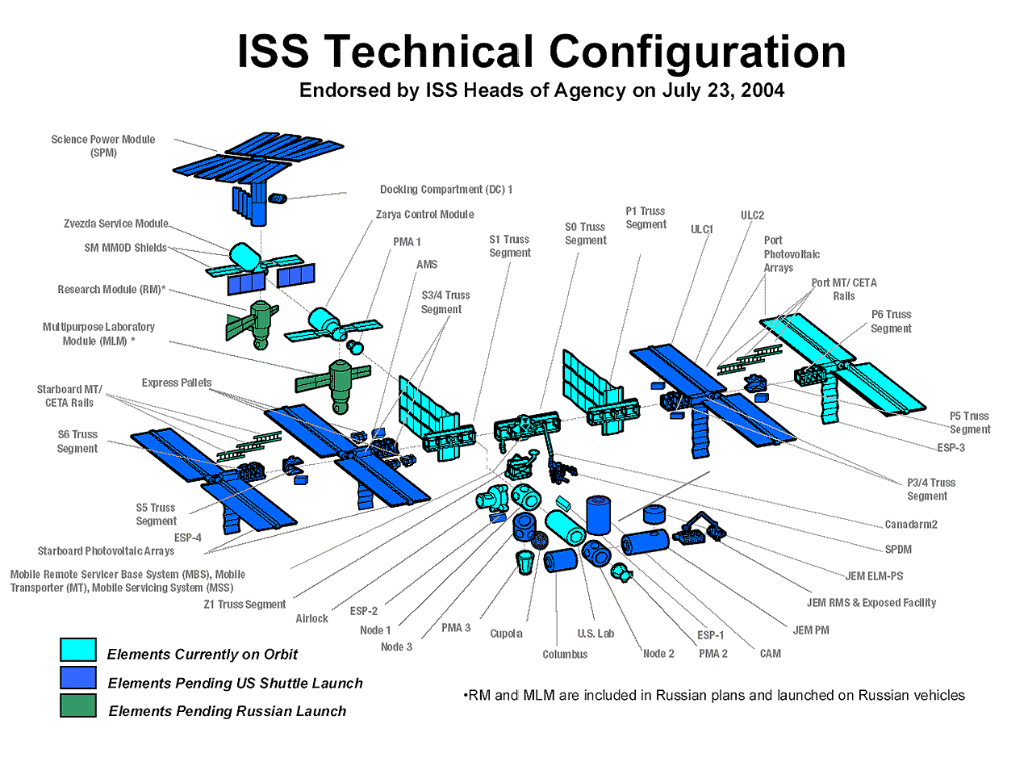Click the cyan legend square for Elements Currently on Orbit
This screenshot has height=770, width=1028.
pos(78,649)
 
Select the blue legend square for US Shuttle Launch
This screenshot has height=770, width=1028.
pos(78,677)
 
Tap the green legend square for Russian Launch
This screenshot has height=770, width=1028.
pos(78,705)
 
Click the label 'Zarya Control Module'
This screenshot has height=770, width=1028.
pos(424,215)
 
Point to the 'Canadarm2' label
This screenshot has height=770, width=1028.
pos(911,525)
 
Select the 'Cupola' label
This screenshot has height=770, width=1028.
pos(506,634)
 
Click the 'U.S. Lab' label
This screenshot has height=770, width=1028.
pos(595,634)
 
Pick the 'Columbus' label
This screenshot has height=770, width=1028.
pos(565,655)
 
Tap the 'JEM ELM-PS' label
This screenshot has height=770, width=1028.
pos(874,576)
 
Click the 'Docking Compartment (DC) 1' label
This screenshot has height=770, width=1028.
pos(446,190)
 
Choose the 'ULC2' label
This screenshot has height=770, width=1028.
pos(752,216)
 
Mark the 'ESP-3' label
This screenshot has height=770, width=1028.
pos(951,448)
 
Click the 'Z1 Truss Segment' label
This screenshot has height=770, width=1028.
pos(244,605)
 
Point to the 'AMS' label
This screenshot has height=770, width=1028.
pos(427,265)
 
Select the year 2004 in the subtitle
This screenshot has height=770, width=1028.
pos(763,90)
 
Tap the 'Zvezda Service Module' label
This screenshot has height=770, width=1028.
pos(116,224)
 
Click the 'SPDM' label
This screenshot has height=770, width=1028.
pos(898,550)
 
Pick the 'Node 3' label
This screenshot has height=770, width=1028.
pos(396,647)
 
